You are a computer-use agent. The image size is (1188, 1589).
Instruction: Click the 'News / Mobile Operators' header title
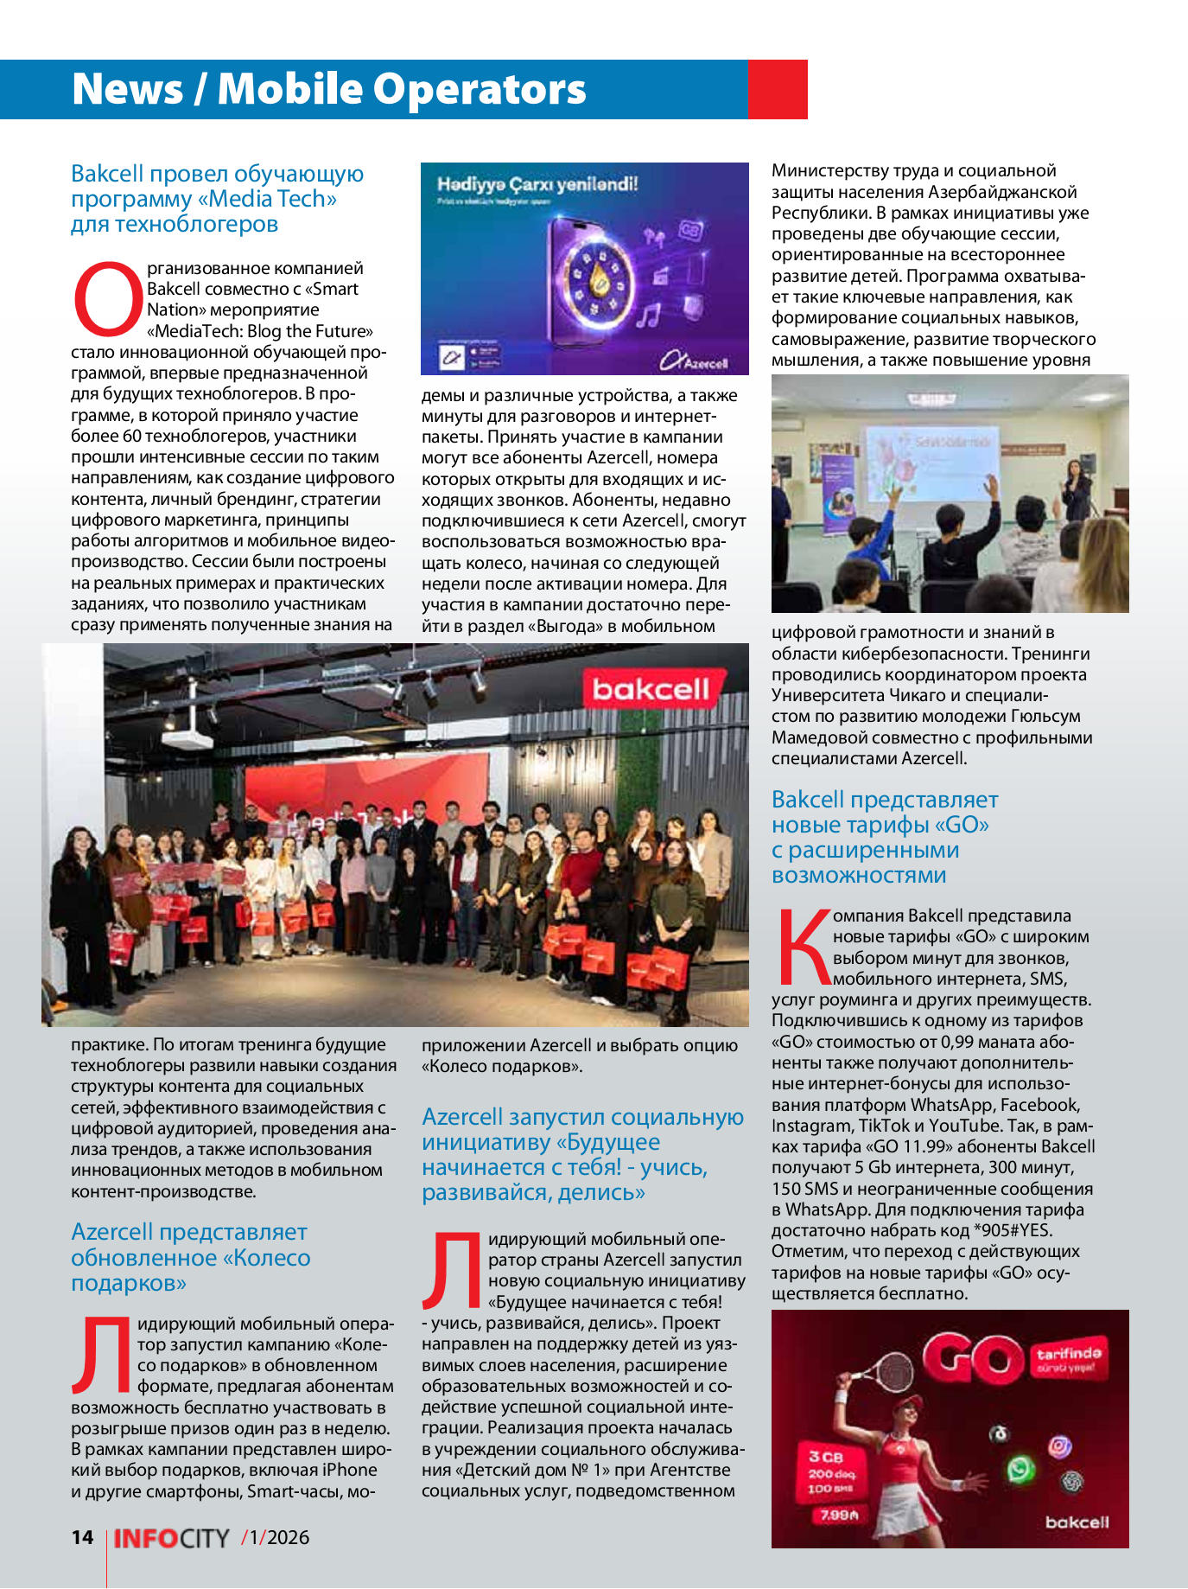[x=329, y=89]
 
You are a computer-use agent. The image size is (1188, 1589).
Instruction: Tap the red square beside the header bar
[x=777, y=89]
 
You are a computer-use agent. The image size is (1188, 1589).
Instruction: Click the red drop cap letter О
[x=107, y=299]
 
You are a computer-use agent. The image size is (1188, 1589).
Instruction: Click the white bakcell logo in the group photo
[x=651, y=689]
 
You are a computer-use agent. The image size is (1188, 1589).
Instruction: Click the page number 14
[x=82, y=1536]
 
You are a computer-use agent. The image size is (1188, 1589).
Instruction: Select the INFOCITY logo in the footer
[x=171, y=1538]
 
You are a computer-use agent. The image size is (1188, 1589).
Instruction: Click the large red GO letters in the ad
[x=973, y=1358]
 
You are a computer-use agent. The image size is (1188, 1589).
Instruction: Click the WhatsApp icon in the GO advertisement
[x=1020, y=1469]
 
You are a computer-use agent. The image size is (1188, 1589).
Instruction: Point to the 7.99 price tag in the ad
[x=833, y=1515]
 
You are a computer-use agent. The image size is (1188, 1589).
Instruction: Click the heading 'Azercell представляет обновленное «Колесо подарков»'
[x=190, y=1257]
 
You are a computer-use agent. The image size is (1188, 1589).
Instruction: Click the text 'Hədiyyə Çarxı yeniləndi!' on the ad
[x=537, y=184]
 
